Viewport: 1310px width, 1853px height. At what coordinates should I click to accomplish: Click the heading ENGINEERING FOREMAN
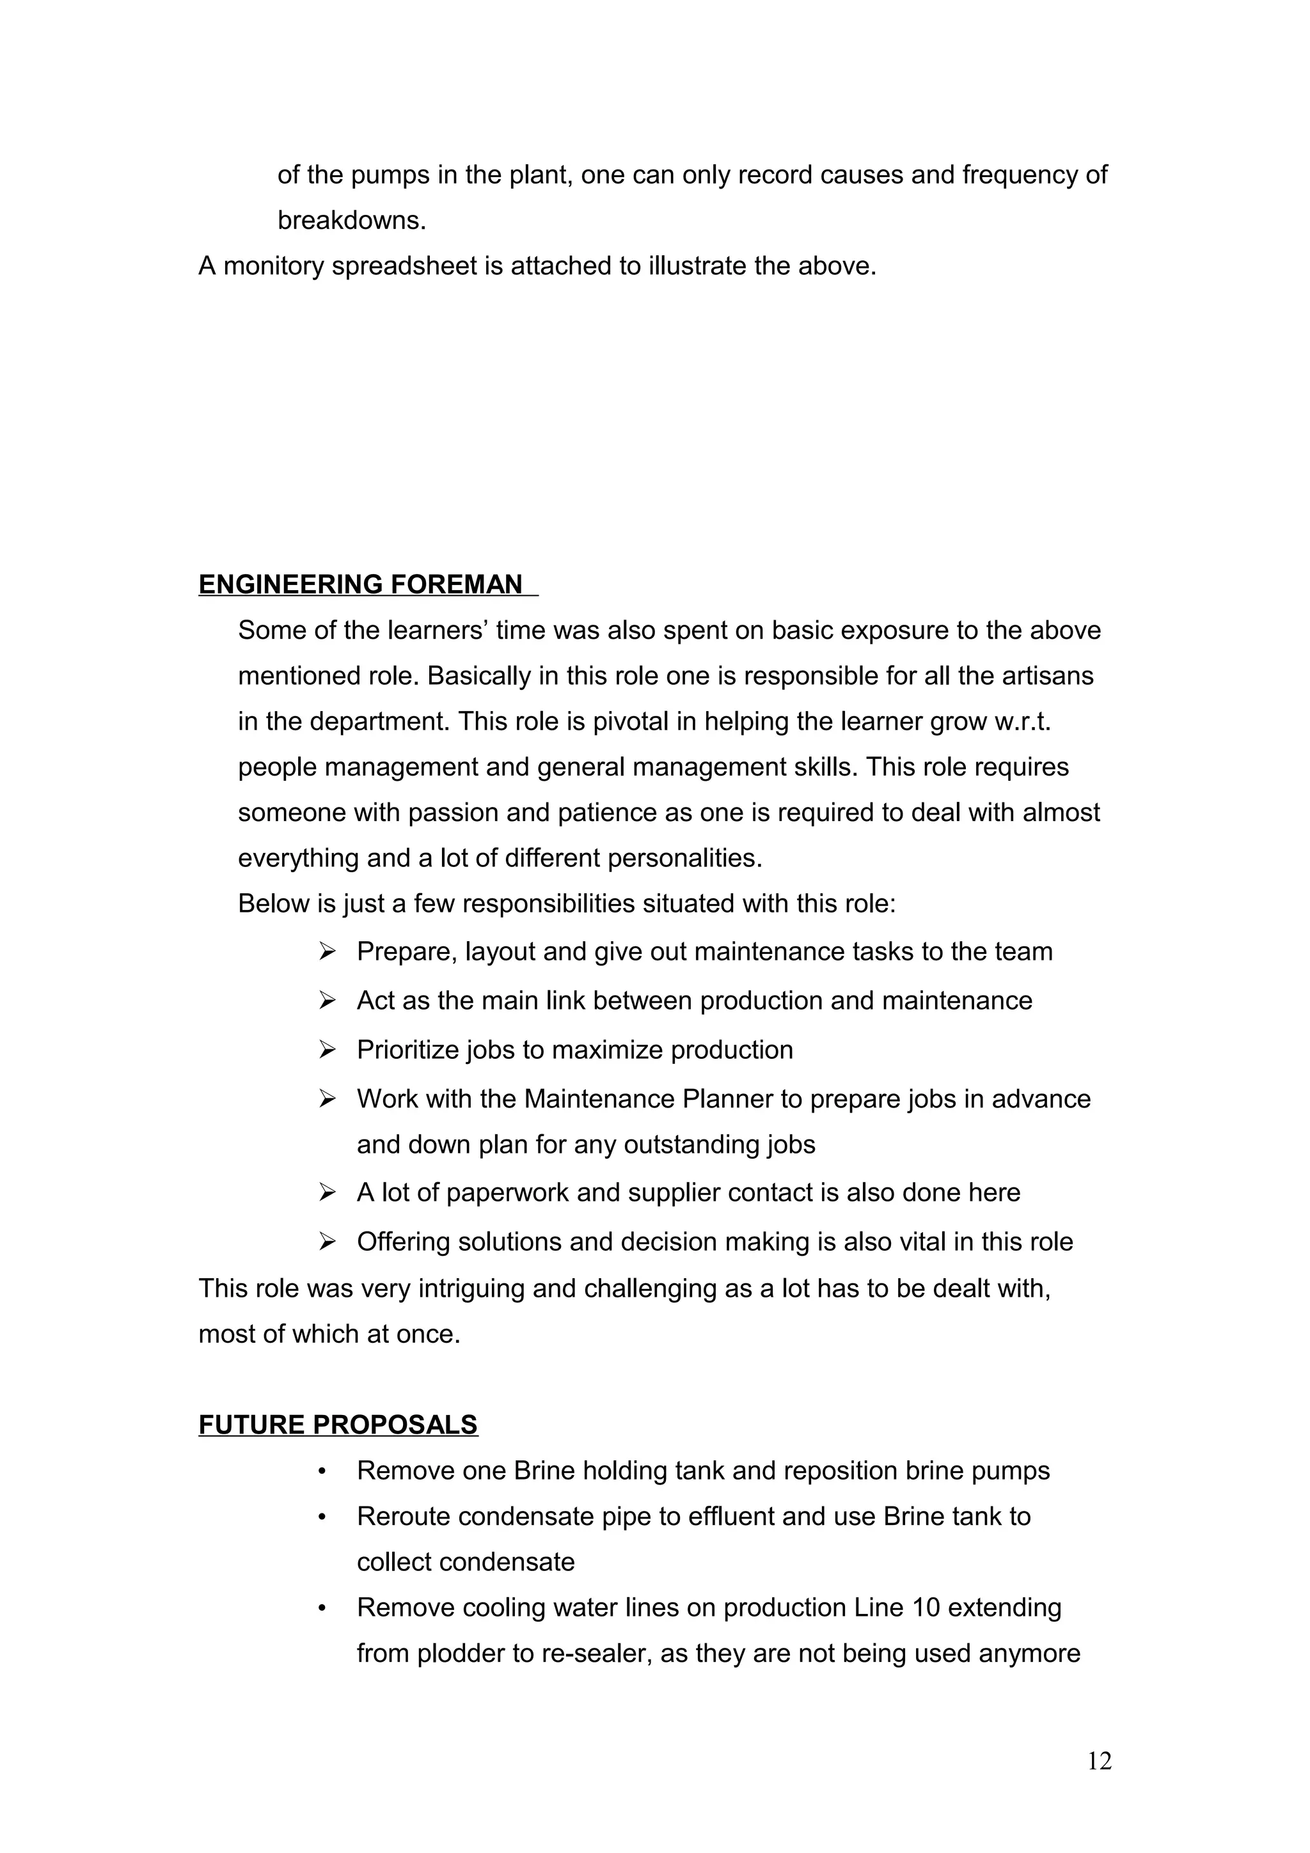click(360, 584)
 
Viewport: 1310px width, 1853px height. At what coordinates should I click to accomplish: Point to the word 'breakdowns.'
click(351, 221)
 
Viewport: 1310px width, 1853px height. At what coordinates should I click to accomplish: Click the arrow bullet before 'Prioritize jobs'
click(327, 1049)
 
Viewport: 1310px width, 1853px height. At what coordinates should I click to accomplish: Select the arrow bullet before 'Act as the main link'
click(327, 1001)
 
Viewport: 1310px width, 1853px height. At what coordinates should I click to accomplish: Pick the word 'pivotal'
click(629, 721)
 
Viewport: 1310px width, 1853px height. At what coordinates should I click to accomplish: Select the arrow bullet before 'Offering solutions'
click(327, 1241)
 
